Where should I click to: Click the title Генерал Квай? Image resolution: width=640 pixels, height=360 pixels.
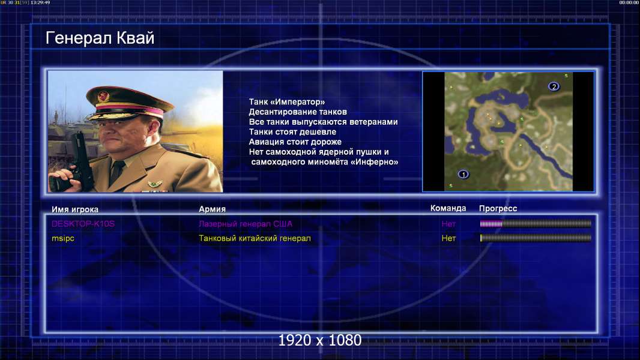(100, 38)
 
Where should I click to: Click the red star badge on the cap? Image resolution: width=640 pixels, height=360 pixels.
(103, 97)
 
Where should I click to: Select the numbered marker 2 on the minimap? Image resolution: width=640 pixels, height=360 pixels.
(554, 86)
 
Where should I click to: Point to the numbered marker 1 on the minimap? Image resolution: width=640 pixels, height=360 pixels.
(463, 174)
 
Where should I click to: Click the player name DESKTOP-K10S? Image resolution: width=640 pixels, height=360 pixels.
(83, 224)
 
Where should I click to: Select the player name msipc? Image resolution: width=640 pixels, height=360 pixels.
(63, 238)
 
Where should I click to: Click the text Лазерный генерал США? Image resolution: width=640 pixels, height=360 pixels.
(246, 224)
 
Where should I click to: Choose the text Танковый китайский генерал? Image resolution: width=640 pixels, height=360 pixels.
(255, 238)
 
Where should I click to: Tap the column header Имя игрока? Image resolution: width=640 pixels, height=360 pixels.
(74, 209)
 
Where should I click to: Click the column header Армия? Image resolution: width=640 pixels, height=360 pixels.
(213, 209)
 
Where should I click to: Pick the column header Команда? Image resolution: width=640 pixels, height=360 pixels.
(448, 208)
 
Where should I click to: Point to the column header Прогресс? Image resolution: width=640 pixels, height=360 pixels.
(498, 208)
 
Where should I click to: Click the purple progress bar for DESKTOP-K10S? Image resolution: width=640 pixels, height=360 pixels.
(536, 223)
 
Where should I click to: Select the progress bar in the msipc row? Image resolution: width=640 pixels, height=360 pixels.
(536, 238)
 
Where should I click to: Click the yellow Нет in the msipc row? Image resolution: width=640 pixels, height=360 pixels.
(448, 238)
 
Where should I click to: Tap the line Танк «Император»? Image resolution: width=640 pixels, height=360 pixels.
(287, 102)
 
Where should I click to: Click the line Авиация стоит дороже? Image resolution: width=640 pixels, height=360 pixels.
(295, 142)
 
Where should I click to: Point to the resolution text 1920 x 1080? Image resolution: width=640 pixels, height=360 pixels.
(319, 340)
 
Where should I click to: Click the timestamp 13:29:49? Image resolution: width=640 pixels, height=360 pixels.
(40, 2)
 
